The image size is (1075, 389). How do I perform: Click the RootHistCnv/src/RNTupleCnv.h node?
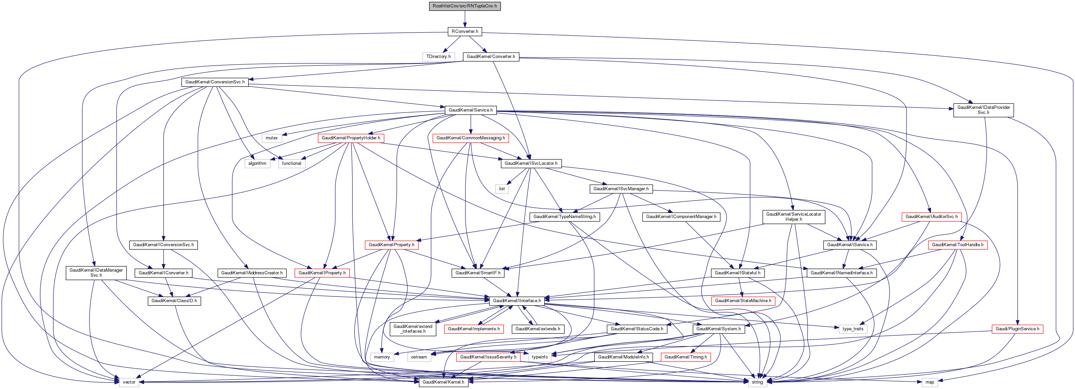point(465,6)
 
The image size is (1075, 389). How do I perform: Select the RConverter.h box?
point(465,31)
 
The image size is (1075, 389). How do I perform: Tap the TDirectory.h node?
point(438,56)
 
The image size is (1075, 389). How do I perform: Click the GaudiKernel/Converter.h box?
point(490,56)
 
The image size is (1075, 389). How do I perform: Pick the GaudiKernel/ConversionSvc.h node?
point(215,82)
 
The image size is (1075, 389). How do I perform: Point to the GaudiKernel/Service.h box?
point(470,110)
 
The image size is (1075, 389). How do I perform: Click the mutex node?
point(272,138)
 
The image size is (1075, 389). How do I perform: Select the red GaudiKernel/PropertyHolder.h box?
point(350,138)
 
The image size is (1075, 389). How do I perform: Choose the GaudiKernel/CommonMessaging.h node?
point(470,138)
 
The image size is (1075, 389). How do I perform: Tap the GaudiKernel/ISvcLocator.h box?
point(531,163)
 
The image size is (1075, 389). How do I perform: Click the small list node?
point(502,189)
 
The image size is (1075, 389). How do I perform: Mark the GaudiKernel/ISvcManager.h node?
point(621,189)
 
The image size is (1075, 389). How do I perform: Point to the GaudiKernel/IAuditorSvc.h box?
point(931,217)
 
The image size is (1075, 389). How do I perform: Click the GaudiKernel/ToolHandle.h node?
point(957,245)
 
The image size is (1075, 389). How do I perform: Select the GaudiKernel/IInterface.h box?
point(516,301)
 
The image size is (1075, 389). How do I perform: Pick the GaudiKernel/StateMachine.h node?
point(743,301)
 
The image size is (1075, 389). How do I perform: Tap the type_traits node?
point(853,329)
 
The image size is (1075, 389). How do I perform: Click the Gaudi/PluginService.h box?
point(1017,329)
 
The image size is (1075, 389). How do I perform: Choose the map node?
point(930,382)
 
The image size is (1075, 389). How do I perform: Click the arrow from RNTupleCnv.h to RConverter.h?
point(465,19)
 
